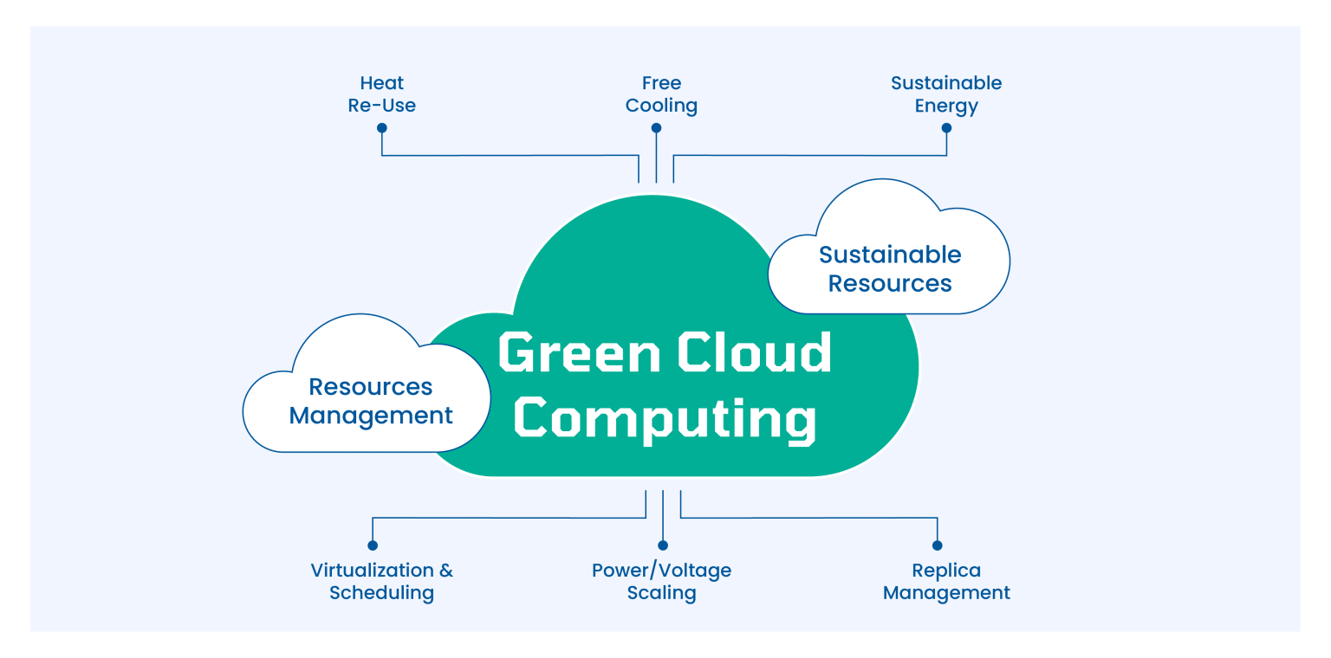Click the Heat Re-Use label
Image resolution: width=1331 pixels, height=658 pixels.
(x=382, y=94)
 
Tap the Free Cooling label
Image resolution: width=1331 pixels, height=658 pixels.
(x=661, y=94)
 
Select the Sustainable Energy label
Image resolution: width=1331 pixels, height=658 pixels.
(x=946, y=94)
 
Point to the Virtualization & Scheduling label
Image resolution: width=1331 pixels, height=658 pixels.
(x=381, y=582)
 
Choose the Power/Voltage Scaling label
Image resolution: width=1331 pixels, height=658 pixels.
(x=661, y=582)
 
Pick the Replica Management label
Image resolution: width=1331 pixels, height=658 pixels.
(x=946, y=582)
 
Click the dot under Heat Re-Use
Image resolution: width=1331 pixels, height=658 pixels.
(x=382, y=128)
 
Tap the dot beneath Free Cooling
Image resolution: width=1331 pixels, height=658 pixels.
(x=657, y=128)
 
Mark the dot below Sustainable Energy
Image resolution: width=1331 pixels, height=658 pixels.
(x=946, y=128)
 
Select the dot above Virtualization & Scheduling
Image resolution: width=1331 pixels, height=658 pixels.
(x=373, y=545)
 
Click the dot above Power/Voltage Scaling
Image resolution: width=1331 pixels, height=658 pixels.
(x=663, y=545)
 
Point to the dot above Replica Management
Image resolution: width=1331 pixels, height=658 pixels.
(x=938, y=545)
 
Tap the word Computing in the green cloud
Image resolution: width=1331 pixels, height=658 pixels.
(x=665, y=418)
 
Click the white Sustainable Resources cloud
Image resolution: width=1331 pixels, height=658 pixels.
(x=890, y=268)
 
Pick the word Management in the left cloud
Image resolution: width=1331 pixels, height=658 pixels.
(x=371, y=416)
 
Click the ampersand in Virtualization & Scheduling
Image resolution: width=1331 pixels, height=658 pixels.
(x=445, y=571)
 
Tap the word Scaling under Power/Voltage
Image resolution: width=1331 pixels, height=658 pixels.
(x=661, y=593)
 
